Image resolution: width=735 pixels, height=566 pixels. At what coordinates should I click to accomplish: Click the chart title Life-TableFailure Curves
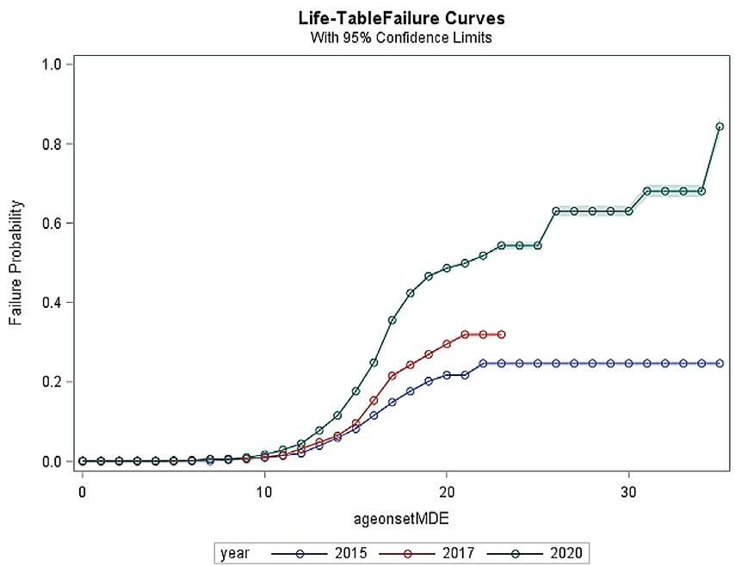[402, 19]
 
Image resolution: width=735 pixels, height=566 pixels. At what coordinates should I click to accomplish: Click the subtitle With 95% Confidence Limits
[402, 38]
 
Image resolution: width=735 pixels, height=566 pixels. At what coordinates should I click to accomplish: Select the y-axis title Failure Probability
[15, 262]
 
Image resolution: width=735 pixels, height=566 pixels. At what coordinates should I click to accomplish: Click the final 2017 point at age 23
[502, 334]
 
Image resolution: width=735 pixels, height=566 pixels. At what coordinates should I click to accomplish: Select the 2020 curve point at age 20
[447, 268]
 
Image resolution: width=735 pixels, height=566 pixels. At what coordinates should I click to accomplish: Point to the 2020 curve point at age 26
[556, 211]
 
